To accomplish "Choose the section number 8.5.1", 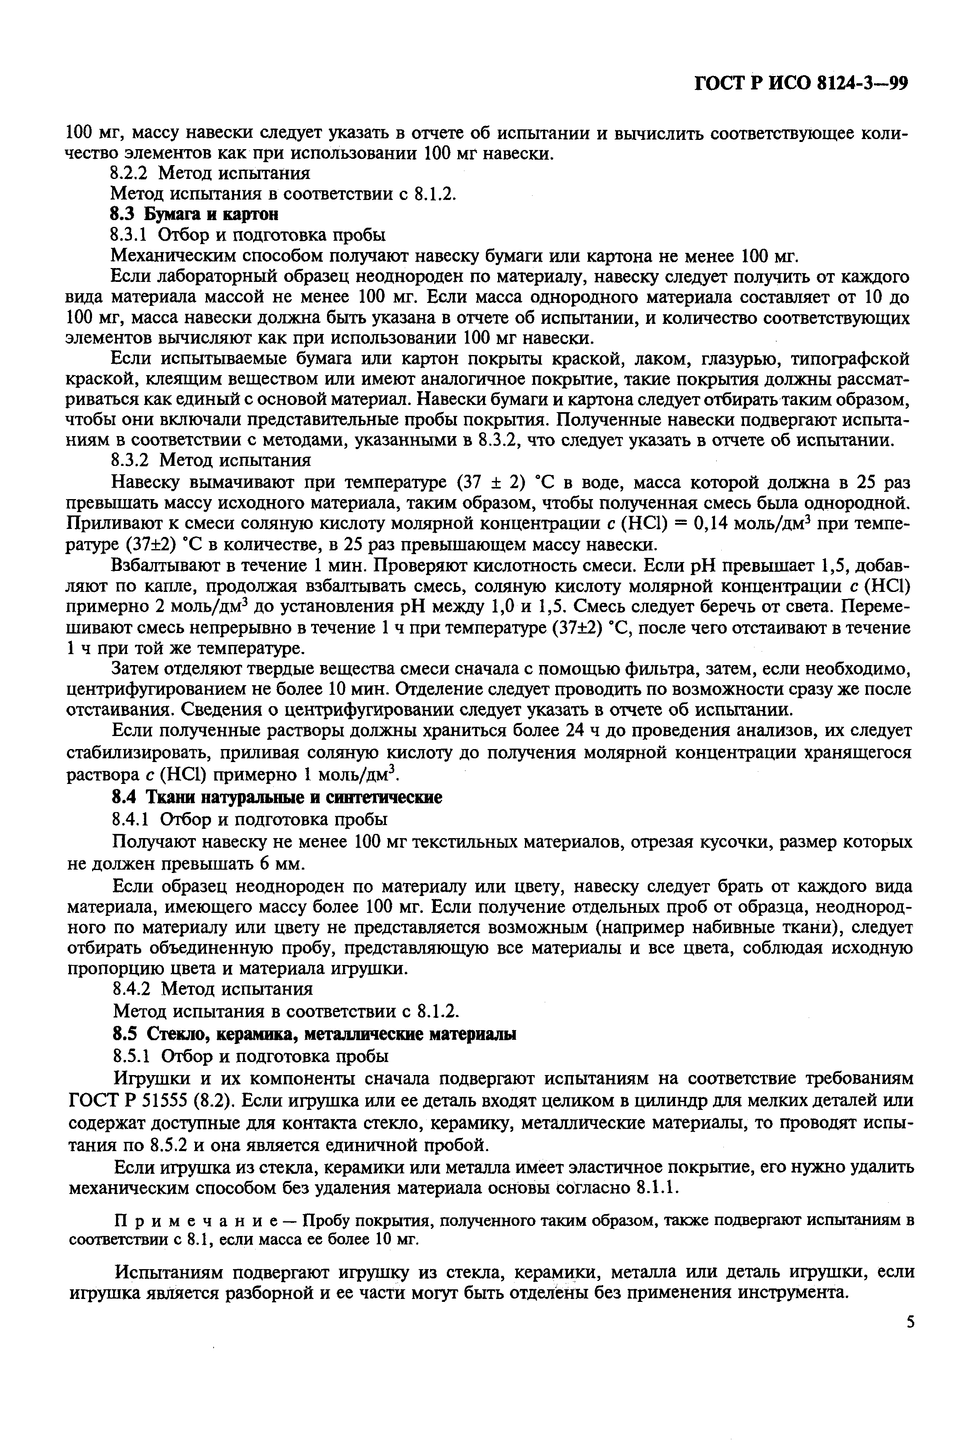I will tap(131, 1056).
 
